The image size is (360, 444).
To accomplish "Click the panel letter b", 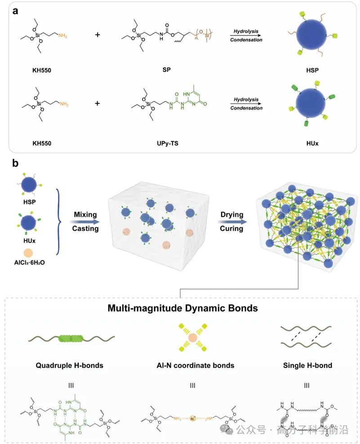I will point(15,163).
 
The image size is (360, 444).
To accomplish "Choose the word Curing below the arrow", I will point(231,228).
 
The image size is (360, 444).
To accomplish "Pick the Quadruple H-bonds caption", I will point(69,365).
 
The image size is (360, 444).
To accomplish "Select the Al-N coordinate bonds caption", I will point(192,365).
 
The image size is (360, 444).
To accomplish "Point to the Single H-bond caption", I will point(306,365).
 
